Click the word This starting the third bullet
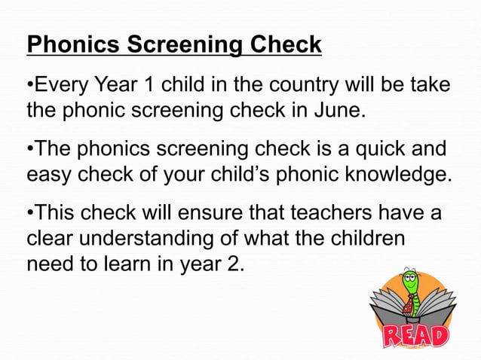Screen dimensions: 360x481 [x=57, y=212]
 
